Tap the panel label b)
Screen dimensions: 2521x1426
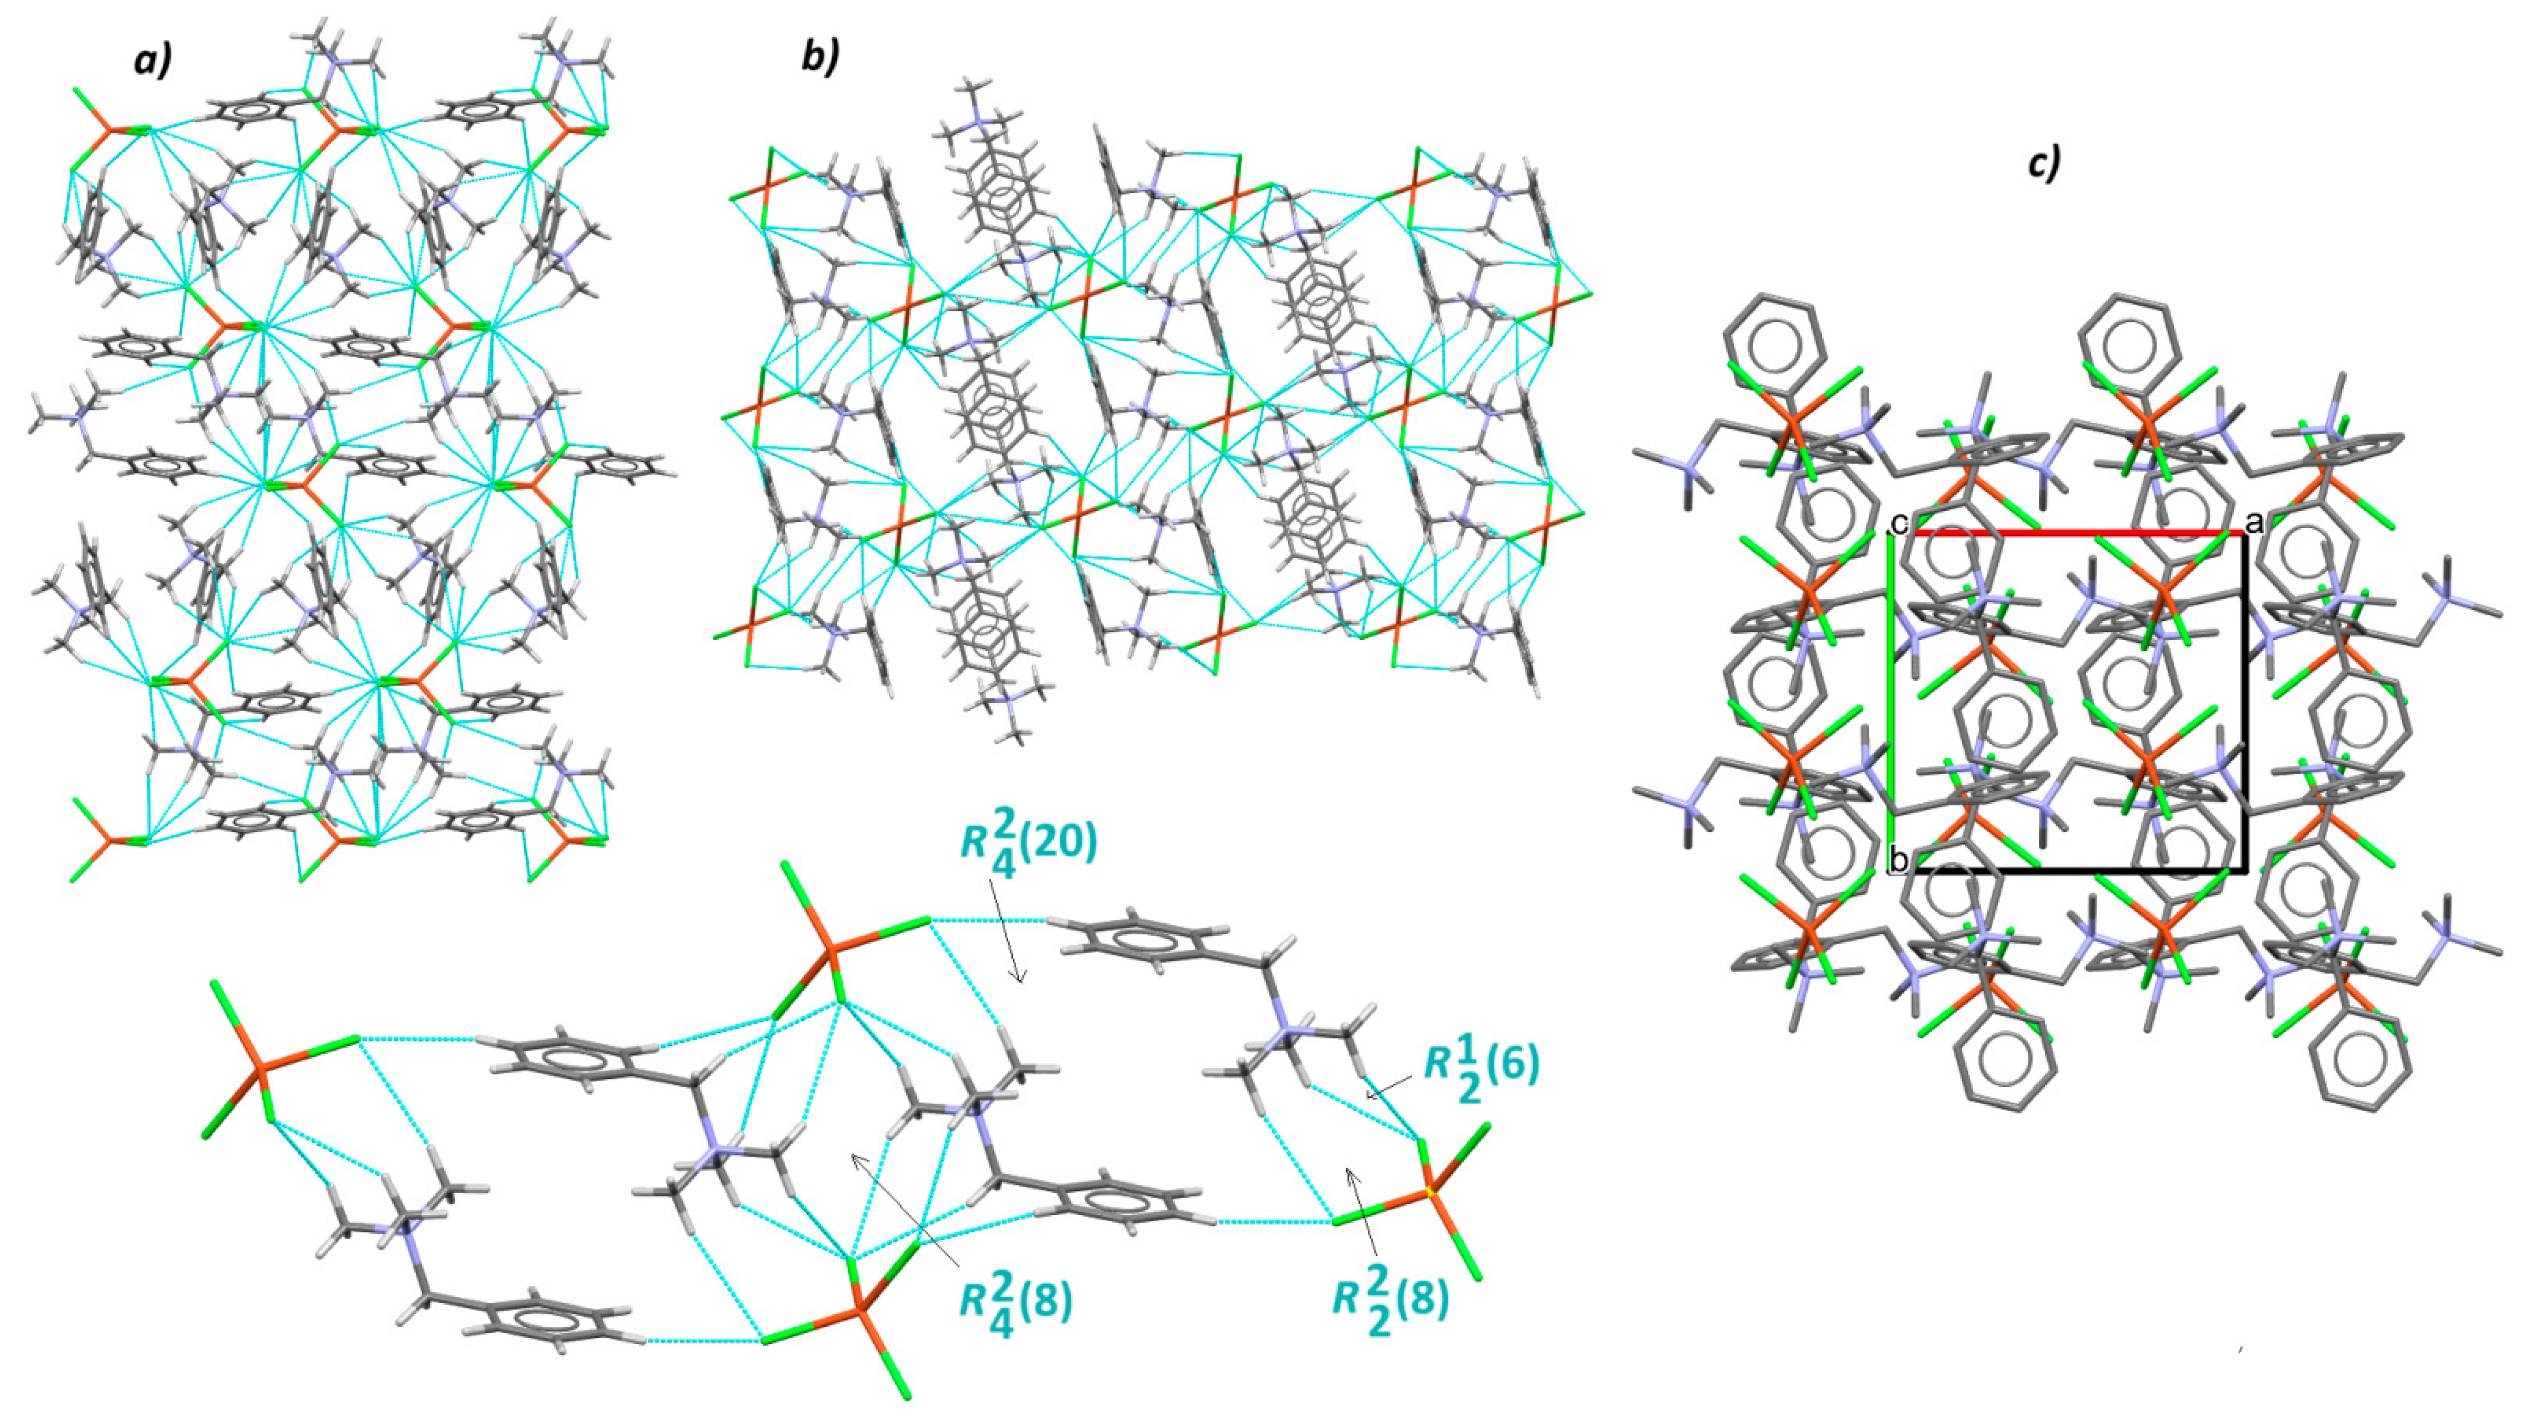[x=820, y=58]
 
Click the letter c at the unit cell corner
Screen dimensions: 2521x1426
[x=1898, y=524]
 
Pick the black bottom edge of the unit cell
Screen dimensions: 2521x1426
[x=2067, y=870]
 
